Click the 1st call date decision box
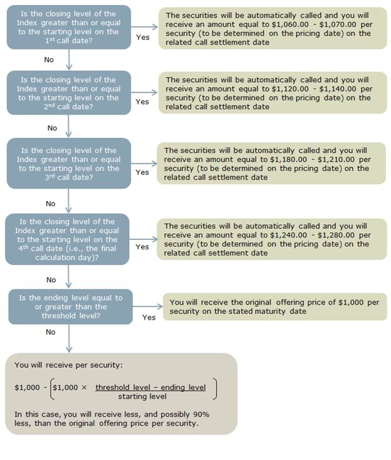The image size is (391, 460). (x=69, y=27)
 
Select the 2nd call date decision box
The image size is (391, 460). (x=69, y=93)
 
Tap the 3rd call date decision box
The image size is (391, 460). (x=69, y=164)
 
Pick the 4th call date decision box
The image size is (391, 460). (x=67, y=239)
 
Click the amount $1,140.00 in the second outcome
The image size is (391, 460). (x=340, y=89)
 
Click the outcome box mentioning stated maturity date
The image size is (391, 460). (x=274, y=306)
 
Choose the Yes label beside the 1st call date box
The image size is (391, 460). (x=142, y=37)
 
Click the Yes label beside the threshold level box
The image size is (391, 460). (x=149, y=317)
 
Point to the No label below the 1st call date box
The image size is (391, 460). (x=49, y=60)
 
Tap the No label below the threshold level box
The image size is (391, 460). (x=51, y=332)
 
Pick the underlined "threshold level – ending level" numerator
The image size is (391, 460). (x=150, y=387)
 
